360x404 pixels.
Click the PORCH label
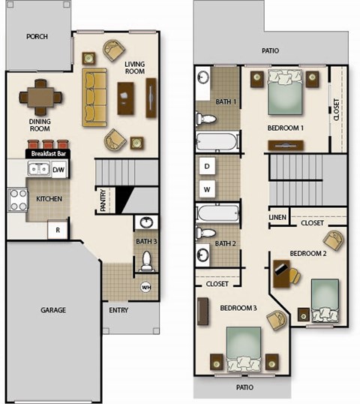pyautogui.click(x=37, y=36)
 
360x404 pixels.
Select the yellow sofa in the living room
pyautogui.click(x=94, y=98)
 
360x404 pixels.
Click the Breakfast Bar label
pyautogui.click(x=47, y=154)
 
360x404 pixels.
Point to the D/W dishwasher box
pyautogui.click(x=58, y=170)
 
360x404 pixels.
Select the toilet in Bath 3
pyautogui.click(x=146, y=259)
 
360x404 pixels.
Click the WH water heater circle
pyautogui.click(x=146, y=286)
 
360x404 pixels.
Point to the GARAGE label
pyautogui.click(x=53, y=309)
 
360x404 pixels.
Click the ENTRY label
pyautogui.click(x=118, y=309)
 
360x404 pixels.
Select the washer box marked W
pyautogui.click(x=207, y=188)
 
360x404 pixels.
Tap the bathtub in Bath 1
pyautogui.click(x=216, y=142)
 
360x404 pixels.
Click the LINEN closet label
pyautogui.click(x=277, y=218)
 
